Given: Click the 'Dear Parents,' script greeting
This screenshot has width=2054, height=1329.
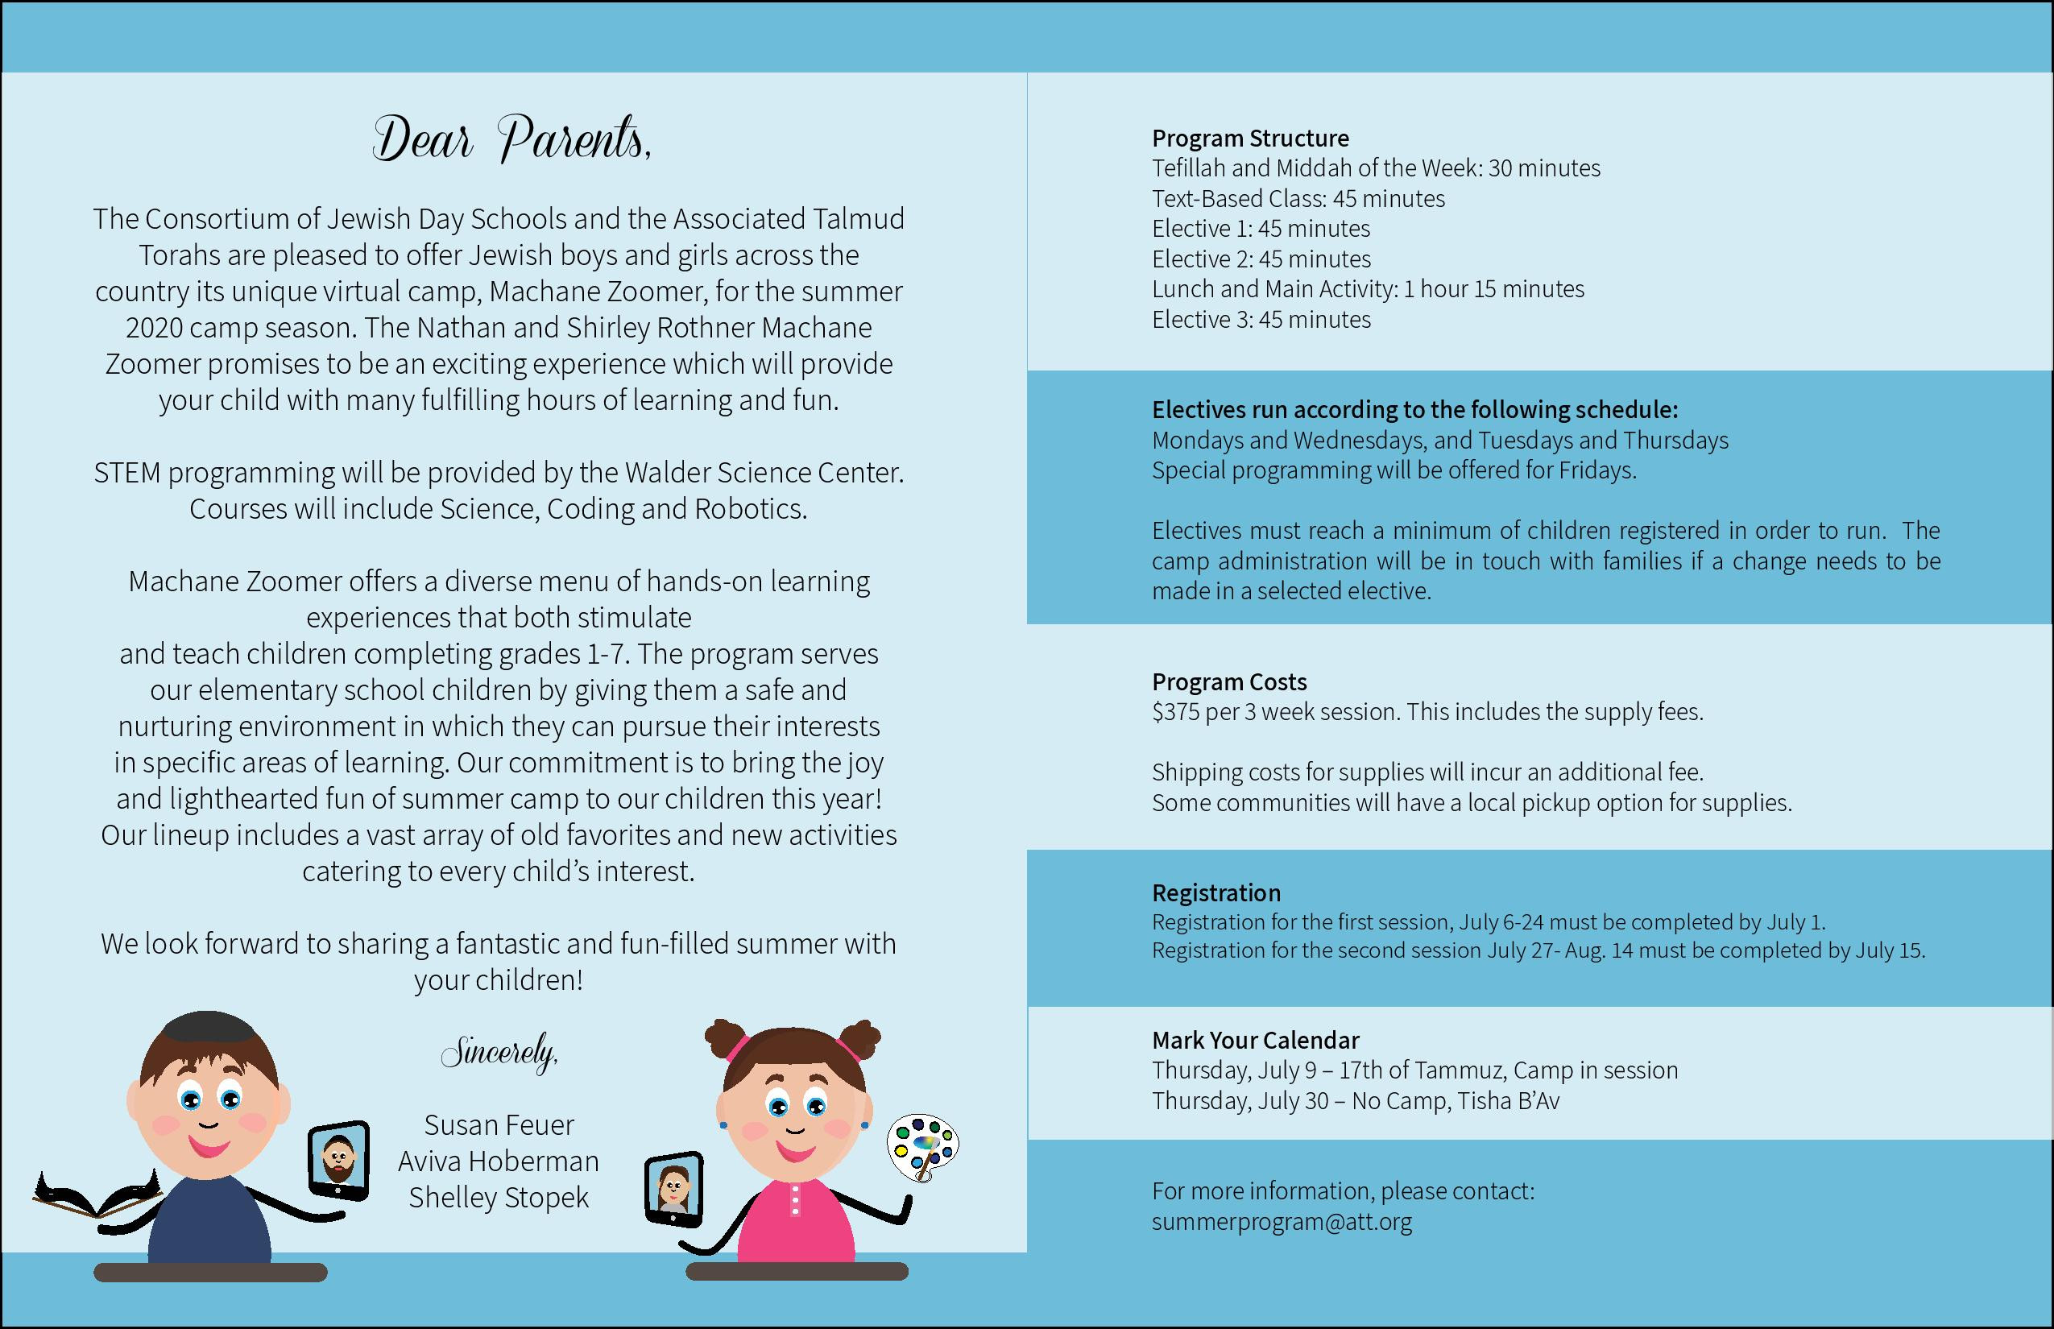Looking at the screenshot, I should [511, 140].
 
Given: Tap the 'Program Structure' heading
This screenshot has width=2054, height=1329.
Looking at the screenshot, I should [1249, 138].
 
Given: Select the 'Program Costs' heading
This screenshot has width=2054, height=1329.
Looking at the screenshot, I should [1229, 681].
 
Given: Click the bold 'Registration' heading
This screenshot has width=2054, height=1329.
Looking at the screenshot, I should [1216, 892].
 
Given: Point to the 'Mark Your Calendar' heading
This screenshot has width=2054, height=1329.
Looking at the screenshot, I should [1255, 1040].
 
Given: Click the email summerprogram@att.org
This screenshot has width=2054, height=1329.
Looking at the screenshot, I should [1282, 1222].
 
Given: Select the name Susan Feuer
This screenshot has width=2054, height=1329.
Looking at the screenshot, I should [499, 1125].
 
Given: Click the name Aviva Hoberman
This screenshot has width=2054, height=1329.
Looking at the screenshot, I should [499, 1161].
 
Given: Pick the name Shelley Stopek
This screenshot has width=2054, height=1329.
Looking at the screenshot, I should [499, 1198].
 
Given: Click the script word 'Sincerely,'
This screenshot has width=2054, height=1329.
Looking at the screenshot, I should [499, 1053].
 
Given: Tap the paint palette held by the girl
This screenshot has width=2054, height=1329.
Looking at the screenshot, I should [921, 1146].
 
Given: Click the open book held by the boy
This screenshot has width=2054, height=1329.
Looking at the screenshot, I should [97, 1195].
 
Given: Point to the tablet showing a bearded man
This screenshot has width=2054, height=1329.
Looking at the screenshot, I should [339, 1161].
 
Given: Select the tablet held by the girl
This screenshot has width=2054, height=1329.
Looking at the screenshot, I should [674, 1187].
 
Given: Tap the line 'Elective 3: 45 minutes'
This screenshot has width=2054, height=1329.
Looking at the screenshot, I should [1261, 319].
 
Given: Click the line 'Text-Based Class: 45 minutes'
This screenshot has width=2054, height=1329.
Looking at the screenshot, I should [1298, 198].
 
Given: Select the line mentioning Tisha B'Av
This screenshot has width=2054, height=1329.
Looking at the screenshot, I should [1355, 1101].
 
